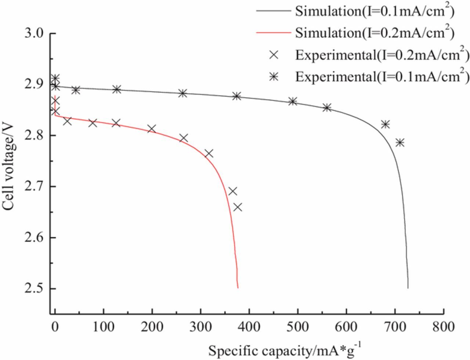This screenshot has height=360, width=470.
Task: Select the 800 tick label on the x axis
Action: (444, 326)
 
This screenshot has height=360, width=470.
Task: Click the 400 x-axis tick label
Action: (249, 326)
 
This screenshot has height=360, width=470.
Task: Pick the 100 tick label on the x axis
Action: (104, 326)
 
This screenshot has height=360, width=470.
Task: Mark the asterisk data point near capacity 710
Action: (400, 143)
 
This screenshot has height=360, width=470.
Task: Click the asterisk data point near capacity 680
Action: (385, 125)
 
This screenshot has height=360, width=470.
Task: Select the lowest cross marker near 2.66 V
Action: (238, 207)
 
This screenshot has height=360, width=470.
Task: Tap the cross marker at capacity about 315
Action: (209, 154)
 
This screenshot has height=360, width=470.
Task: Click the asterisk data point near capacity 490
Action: (293, 101)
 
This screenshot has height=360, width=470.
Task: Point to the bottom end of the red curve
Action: (238, 288)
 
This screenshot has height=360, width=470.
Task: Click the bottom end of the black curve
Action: (408, 288)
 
